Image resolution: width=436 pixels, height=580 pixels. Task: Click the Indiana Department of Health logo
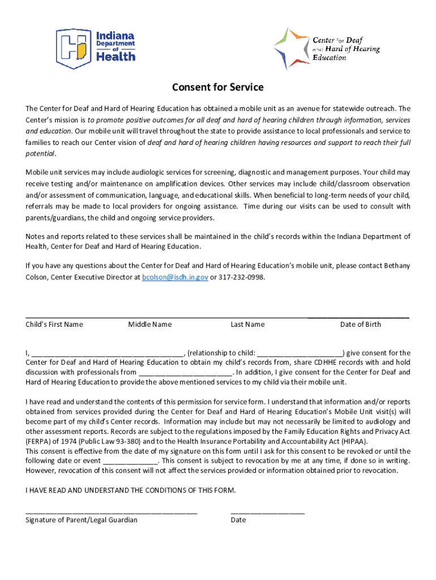click(x=96, y=45)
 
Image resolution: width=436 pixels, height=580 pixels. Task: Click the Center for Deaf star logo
click(x=327, y=48)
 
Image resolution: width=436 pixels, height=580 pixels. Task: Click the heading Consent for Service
click(x=218, y=87)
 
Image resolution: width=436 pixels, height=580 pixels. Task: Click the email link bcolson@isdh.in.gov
click(x=175, y=277)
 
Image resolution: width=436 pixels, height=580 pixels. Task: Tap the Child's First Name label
click(x=54, y=325)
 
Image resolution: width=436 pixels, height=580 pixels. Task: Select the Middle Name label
click(x=149, y=325)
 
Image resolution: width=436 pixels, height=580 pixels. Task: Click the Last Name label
click(x=247, y=325)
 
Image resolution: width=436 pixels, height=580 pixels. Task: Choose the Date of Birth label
click(x=360, y=325)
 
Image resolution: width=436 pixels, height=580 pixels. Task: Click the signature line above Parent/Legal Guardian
click(x=112, y=513)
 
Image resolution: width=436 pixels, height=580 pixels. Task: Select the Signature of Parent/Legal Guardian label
click(x=82, y=520)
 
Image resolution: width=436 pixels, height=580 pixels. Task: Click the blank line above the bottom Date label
click(x=267, y=513)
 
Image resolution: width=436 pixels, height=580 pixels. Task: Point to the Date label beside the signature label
click(x=238, y=520)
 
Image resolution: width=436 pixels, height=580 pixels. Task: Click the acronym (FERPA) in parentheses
click(x=39, y=441)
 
